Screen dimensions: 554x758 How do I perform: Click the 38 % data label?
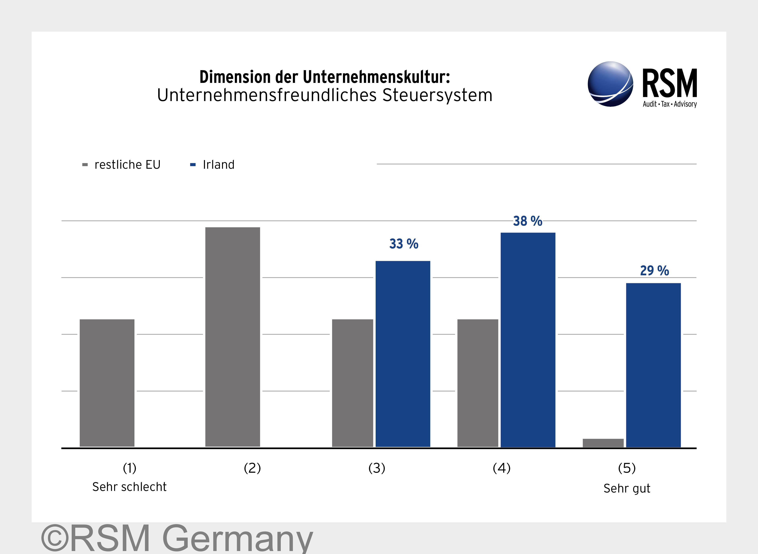click(x=527, y=221)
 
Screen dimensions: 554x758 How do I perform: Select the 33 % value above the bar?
click(x=404, y=244)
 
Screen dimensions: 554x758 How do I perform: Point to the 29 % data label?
click(x=654, y=271)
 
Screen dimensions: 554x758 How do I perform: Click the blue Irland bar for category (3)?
click(x=403, y=354)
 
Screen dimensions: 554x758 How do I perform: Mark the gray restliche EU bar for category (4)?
click(x=477, y=383)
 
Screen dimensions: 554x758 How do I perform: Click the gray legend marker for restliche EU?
click(x=85, y=165)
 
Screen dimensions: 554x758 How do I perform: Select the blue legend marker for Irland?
click(x=193, y=165)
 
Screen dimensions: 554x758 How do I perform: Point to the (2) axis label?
click(x=252, y=468)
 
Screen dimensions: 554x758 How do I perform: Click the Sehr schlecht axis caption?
click(x=129, y=487)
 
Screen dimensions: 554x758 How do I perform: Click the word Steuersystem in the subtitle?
click(x=437, y=95)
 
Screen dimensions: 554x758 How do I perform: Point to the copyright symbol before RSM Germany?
click(x=55, y=538)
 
